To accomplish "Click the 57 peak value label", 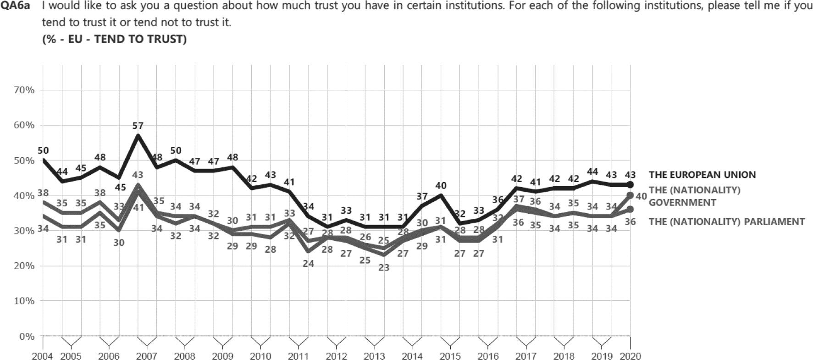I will pyautogui.click(x=138, y=126).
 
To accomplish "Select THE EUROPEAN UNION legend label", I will pyautogui.click(x=702, y=175).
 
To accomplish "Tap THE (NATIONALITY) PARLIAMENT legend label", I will pyautogui.click(x=726, y=222).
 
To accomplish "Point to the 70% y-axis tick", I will pyautogui.click(x=24, y=90).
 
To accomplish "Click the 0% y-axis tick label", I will pyautogui.click(x=26, y=337).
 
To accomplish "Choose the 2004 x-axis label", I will pyautogui.click(x=43, y=356).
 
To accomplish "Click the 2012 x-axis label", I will pyautogui.click(x=337, y=356).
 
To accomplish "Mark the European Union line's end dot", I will pyautogui.click(x=630, y=184).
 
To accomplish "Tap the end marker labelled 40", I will pyautogui.click(x=630, y=195).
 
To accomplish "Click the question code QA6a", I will pyautogui.click(x=17, y=6).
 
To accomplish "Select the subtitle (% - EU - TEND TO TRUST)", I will pyautogui.click(x=114, y=39).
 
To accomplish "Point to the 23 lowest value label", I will pyautogui.click(x=384, y=267).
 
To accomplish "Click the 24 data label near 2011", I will pyautogui.click(x=308, y=264).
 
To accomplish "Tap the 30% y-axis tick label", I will pyautogui.click(x=24, y=231).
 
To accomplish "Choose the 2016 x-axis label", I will pyautogui.click(x=487, y=356).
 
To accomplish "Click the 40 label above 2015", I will pyautogui.click(x=441, y=186).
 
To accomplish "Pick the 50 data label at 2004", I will pyautogui.click(x=43, y=150).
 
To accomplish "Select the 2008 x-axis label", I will pyautogui.click(x=184, y=356).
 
